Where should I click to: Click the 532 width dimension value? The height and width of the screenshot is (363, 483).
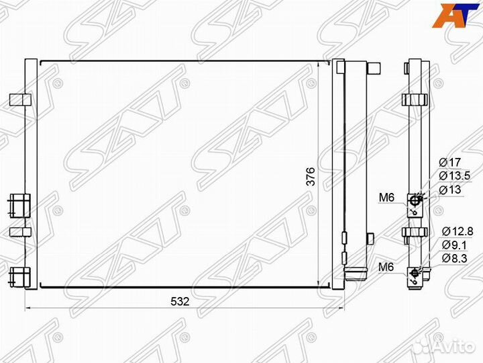pos(180,301)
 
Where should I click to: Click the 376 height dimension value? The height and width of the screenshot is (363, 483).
pos(311,177)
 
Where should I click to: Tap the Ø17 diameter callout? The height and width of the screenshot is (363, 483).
pos(450,162)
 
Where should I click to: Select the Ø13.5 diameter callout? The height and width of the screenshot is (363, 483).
pos(455,175)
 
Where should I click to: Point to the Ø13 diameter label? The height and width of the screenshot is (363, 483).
pos(450,189)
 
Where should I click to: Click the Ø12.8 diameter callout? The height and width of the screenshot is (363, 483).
pos(458,231)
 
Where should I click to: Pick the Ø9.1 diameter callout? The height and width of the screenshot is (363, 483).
pos(454,245)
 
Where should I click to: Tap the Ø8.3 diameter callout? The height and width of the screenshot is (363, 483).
pos(454,258)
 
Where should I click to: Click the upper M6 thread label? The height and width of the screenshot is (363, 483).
pos(386,198)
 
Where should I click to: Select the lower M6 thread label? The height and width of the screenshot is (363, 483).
pos(386,267)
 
